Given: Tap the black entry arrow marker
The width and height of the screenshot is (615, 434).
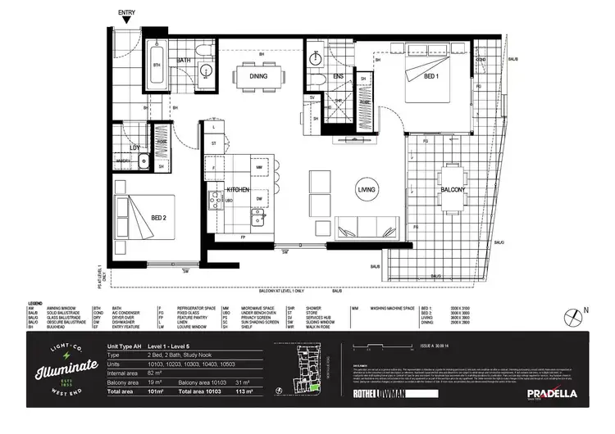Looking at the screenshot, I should click(127, 24).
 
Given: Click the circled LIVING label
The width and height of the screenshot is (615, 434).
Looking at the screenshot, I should click(366, 190).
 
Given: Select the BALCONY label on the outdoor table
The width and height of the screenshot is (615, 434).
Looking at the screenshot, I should click(453, 190).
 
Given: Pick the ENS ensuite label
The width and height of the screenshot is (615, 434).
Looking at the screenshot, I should click(338, 76).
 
